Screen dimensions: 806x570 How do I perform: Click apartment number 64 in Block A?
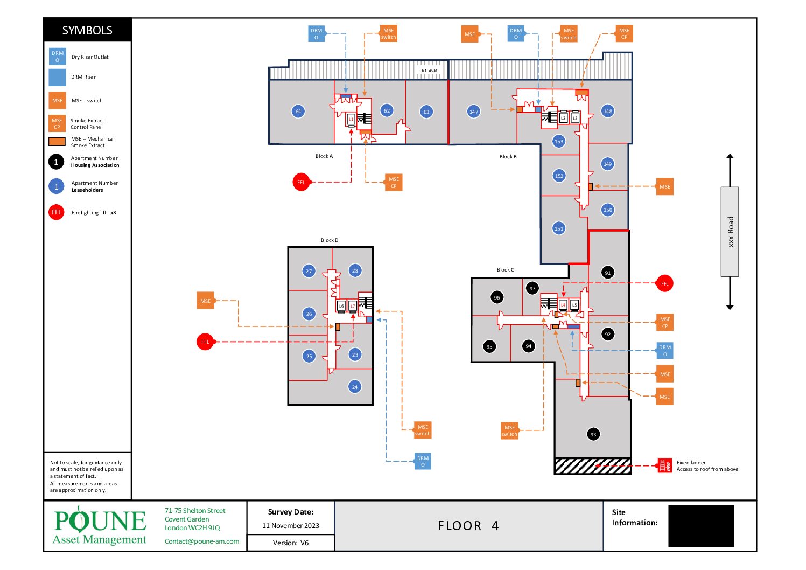click(298, 112)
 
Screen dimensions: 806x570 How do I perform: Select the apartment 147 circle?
click(474, 112)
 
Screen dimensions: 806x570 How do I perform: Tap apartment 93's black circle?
click(593, 434)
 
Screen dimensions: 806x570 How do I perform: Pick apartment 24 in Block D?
click(355, 387)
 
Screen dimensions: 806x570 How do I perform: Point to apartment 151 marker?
click(559, 228)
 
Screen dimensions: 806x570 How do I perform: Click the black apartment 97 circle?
click(532, 288)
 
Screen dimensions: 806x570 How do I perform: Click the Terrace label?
click(428, 70)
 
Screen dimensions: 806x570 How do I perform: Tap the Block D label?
click(330, 240)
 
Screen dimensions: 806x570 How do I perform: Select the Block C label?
click(506, 270)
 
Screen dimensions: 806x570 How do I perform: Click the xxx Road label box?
click(730, 232)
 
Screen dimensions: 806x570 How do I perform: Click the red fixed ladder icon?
click(665, 465)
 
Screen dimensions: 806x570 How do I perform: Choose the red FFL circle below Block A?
click(301, 182)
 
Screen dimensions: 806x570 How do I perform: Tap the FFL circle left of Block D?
click(205, 342)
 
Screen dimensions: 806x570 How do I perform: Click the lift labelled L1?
click(351, 119)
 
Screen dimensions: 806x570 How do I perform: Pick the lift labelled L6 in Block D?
click(341, 306)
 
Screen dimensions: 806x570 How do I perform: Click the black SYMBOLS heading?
click(87, 30)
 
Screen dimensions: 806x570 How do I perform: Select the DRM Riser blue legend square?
click(58, 78)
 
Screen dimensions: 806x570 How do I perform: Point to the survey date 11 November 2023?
click(291, 526)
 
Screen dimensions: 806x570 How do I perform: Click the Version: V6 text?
click(291, 543)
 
